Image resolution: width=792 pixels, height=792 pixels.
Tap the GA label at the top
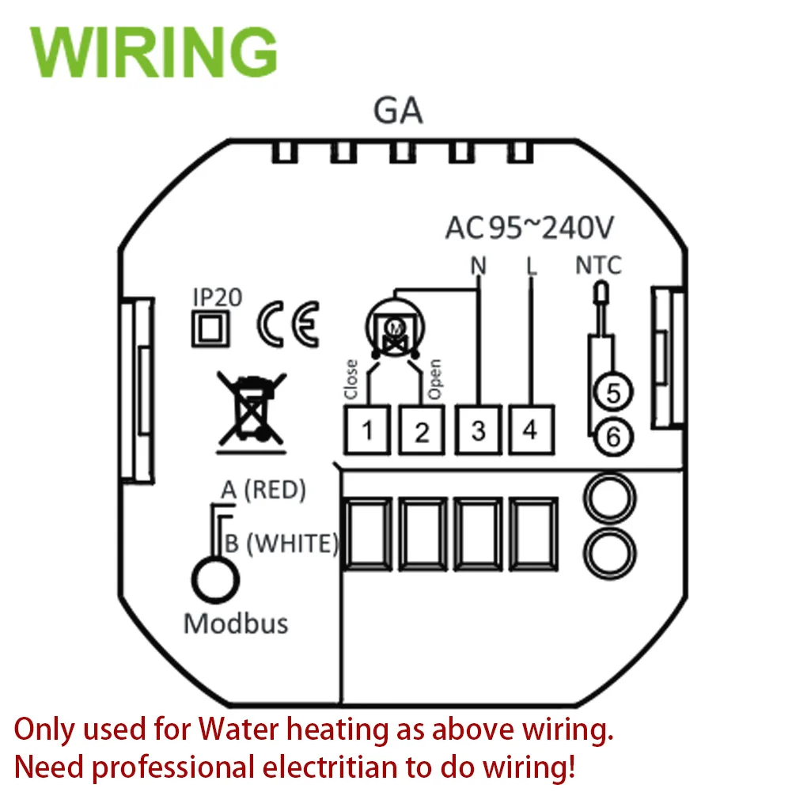click(x=398, y=112)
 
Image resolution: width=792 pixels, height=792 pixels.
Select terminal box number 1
click(x=367, y=430)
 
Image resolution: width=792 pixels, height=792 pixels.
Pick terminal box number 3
click(x=477, y=430)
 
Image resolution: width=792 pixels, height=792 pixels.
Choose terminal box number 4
click(x=530, y=430)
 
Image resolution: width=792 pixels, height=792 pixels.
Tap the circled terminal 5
click(x=611, y=392)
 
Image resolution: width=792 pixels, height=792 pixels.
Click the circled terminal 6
click(x=611, y=434)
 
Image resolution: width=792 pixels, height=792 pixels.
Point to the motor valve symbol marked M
click(x=393, y=326)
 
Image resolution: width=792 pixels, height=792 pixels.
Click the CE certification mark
click(x=289, y=324)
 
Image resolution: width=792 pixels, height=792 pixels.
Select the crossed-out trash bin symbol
click(x=252, y=408)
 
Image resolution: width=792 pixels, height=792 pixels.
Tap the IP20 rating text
click(x=218, y=297)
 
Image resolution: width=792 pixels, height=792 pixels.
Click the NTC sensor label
click(x=598, y=265)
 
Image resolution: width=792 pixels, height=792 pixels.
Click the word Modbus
click(x=236, y=623)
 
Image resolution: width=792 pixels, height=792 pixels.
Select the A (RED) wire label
click(x=263, y=491)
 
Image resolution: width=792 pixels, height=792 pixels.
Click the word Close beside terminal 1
click(x=351, y=380)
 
